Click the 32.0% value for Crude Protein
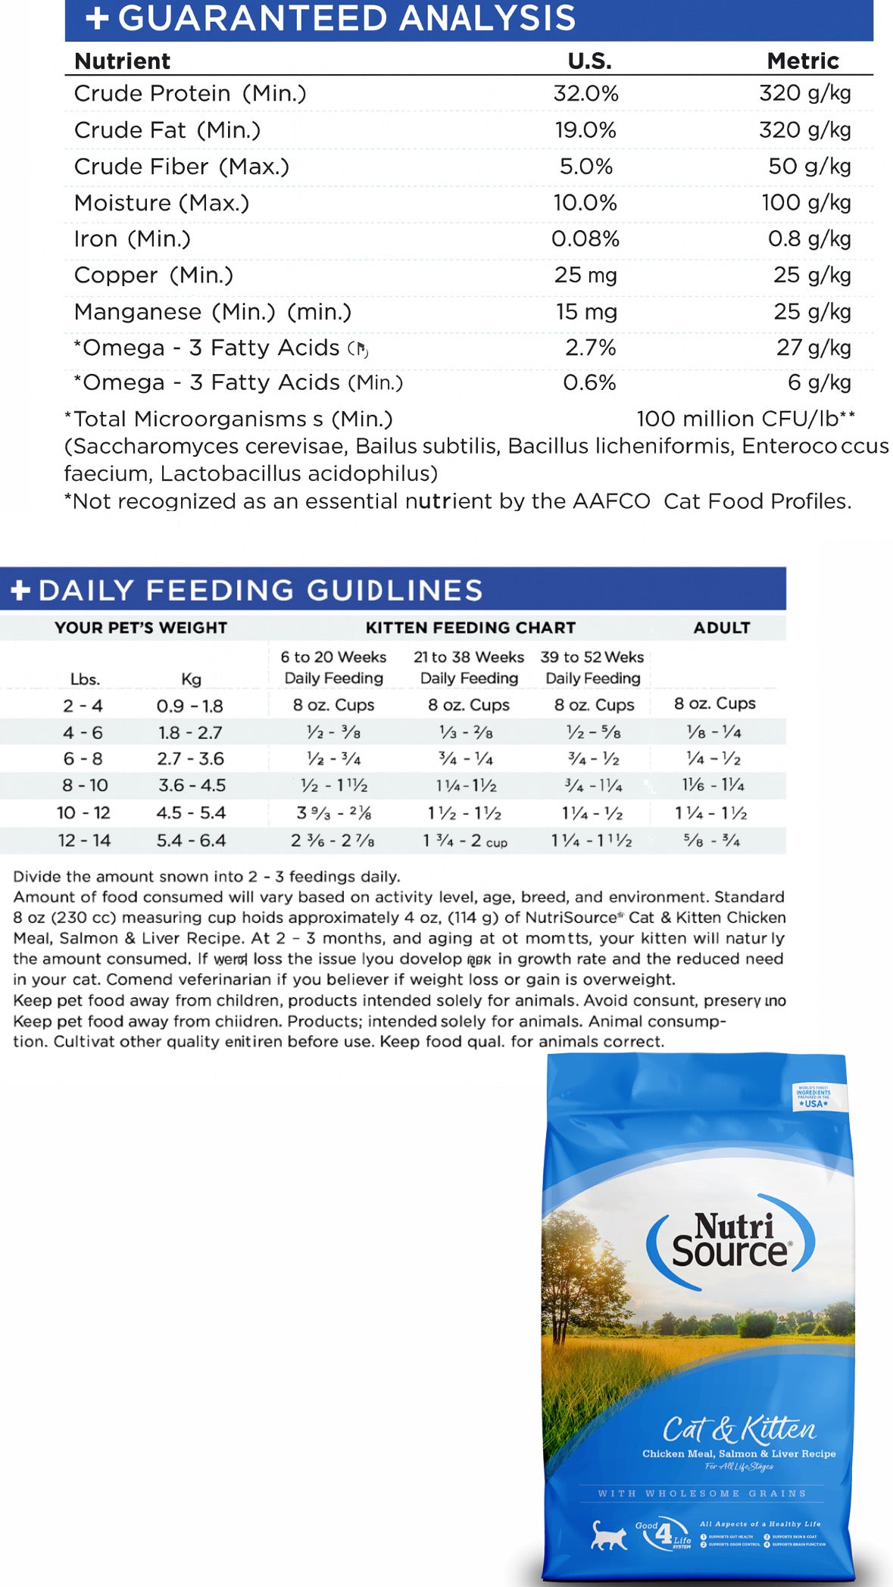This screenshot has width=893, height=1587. (x=585, y=93)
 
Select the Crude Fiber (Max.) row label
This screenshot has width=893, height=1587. (x=181, y=167)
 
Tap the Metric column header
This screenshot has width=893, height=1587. (x=802, y=61)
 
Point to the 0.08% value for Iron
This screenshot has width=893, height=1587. (x=585, y=239)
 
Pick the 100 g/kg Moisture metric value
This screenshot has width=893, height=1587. (x=806, y=203)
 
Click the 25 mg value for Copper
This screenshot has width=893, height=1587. (x=585, y=276)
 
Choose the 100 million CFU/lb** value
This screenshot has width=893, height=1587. (x=745, y=419)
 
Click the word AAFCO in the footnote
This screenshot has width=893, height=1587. (x=611, y=501)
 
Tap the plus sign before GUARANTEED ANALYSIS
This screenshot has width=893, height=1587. (x=97, y=18)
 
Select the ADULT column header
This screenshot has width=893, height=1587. (x=721, y=628)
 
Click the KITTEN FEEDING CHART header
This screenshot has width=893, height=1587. (x=470, y=628)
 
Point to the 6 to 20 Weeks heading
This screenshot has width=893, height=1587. (x=333, y=657)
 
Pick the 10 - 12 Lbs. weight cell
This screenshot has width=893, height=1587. (x=83, y=813)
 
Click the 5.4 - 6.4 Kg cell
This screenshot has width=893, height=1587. (x=191, y=840)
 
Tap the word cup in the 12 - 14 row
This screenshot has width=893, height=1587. (x=496, y=843)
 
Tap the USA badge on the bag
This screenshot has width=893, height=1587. (x=813, y=1098)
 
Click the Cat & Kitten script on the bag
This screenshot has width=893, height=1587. (x=738, y=1430)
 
